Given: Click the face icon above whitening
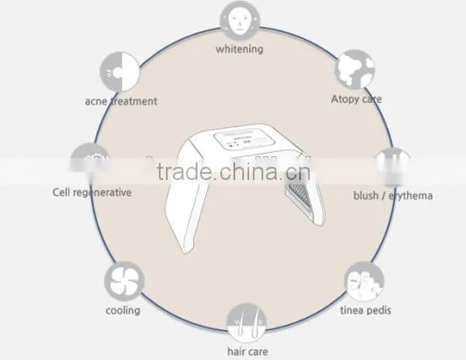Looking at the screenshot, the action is (x=240, y=21).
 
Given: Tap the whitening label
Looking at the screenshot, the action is (x=240, y=49).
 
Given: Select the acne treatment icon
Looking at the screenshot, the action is (x=119, y=72).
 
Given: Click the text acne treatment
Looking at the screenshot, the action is (x=121, y=101).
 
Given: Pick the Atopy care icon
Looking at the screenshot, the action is (x=355, y=69).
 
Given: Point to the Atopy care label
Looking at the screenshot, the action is (x=356, y=99).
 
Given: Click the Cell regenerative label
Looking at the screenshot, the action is (x=92, y=192).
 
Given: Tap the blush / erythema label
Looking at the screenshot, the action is (x=393, y=196).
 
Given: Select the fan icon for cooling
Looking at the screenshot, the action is (x=125, y=281).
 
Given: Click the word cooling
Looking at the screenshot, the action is (x=123, y=311).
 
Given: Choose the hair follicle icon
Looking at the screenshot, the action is (x=247, y=322).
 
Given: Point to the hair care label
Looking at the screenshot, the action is (x=247, y=352).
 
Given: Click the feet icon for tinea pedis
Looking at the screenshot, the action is (x=364, y=281).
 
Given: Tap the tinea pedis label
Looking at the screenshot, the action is (x=366, y=310).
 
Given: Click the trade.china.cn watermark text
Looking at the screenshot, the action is (x=233, y=172).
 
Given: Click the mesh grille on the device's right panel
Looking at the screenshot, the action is (x=299, y=191).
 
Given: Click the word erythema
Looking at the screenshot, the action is (x=411, y=196).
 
